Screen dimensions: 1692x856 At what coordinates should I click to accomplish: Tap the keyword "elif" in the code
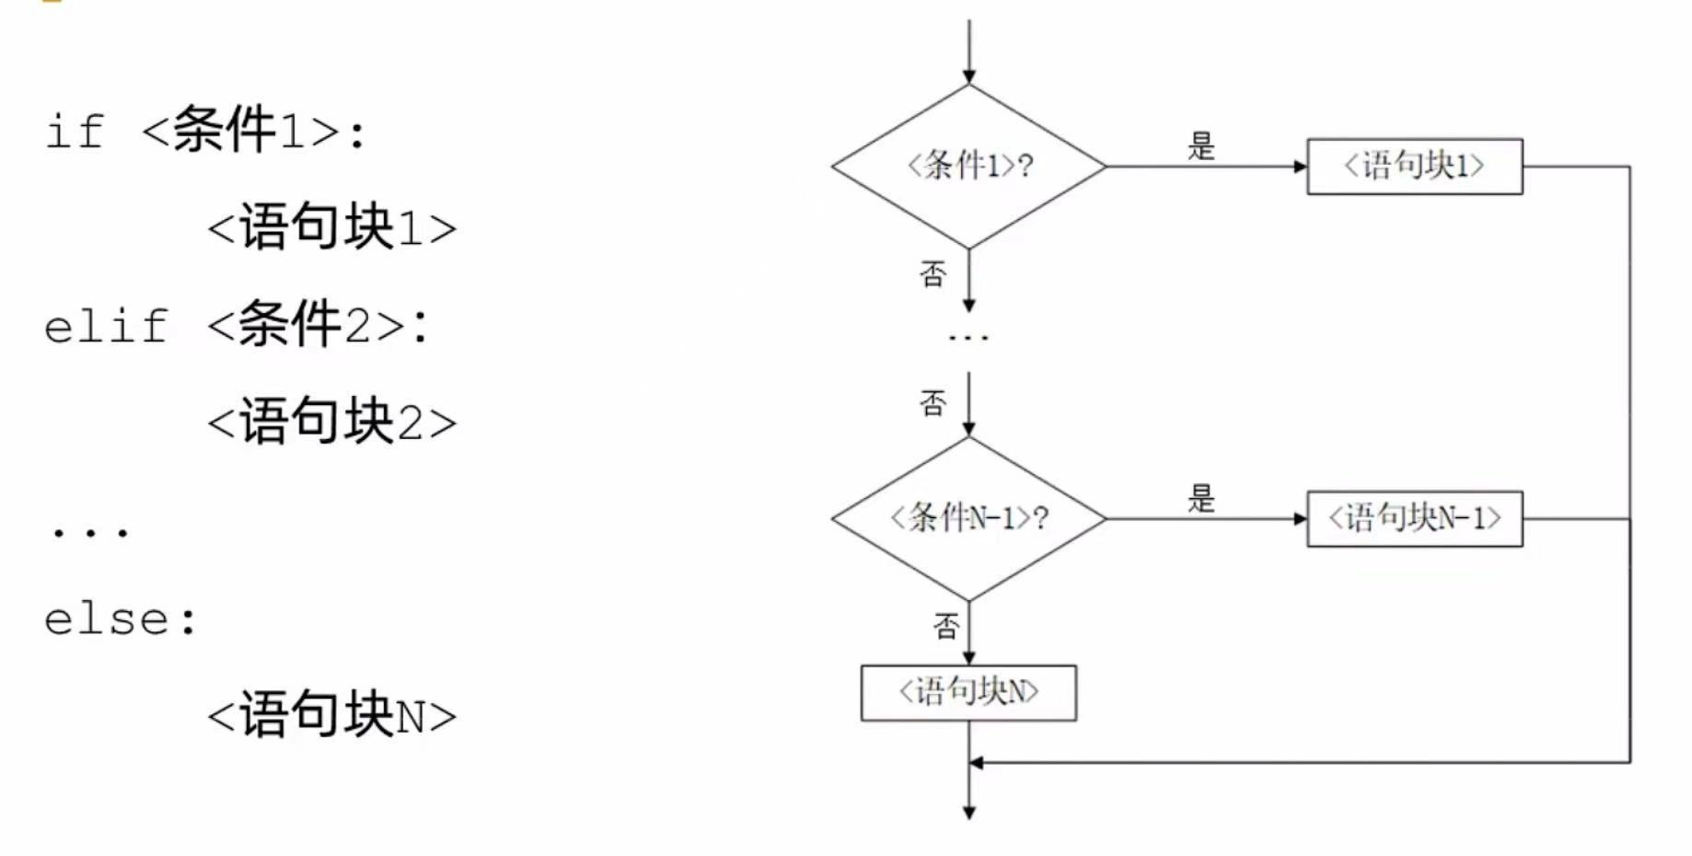[106, 327]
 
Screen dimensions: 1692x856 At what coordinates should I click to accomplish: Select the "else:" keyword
[120, 619]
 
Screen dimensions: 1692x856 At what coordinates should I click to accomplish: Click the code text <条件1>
[253, 130]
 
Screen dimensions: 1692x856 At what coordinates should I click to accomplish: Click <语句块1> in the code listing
[331, 227]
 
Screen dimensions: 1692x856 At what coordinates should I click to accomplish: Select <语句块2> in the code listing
[331, 422]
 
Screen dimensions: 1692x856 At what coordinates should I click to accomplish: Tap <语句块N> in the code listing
[331, 715]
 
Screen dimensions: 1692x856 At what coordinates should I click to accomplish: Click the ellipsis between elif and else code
[90, 532]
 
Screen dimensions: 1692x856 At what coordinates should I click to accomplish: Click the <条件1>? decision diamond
[968, 167]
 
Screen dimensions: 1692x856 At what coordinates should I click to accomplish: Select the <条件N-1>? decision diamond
[968, 518]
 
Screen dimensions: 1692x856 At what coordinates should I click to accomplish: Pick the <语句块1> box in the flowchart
[1414, 167]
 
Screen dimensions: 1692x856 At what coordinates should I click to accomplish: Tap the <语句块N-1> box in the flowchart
[1414, 518]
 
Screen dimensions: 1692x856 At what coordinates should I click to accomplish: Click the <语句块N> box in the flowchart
[968, 692]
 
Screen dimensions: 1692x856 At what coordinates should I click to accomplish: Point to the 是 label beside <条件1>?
[1201, 146]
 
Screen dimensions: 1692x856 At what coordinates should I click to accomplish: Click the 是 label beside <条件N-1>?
[1201, 499]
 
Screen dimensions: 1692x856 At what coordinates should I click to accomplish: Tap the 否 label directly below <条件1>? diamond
[933, 273]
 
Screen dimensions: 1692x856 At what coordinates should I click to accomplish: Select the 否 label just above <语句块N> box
[946, 627]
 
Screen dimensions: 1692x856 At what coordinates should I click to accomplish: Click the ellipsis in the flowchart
[968, 338]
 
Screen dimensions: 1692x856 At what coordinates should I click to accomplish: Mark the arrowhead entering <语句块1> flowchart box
[1300, 167]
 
